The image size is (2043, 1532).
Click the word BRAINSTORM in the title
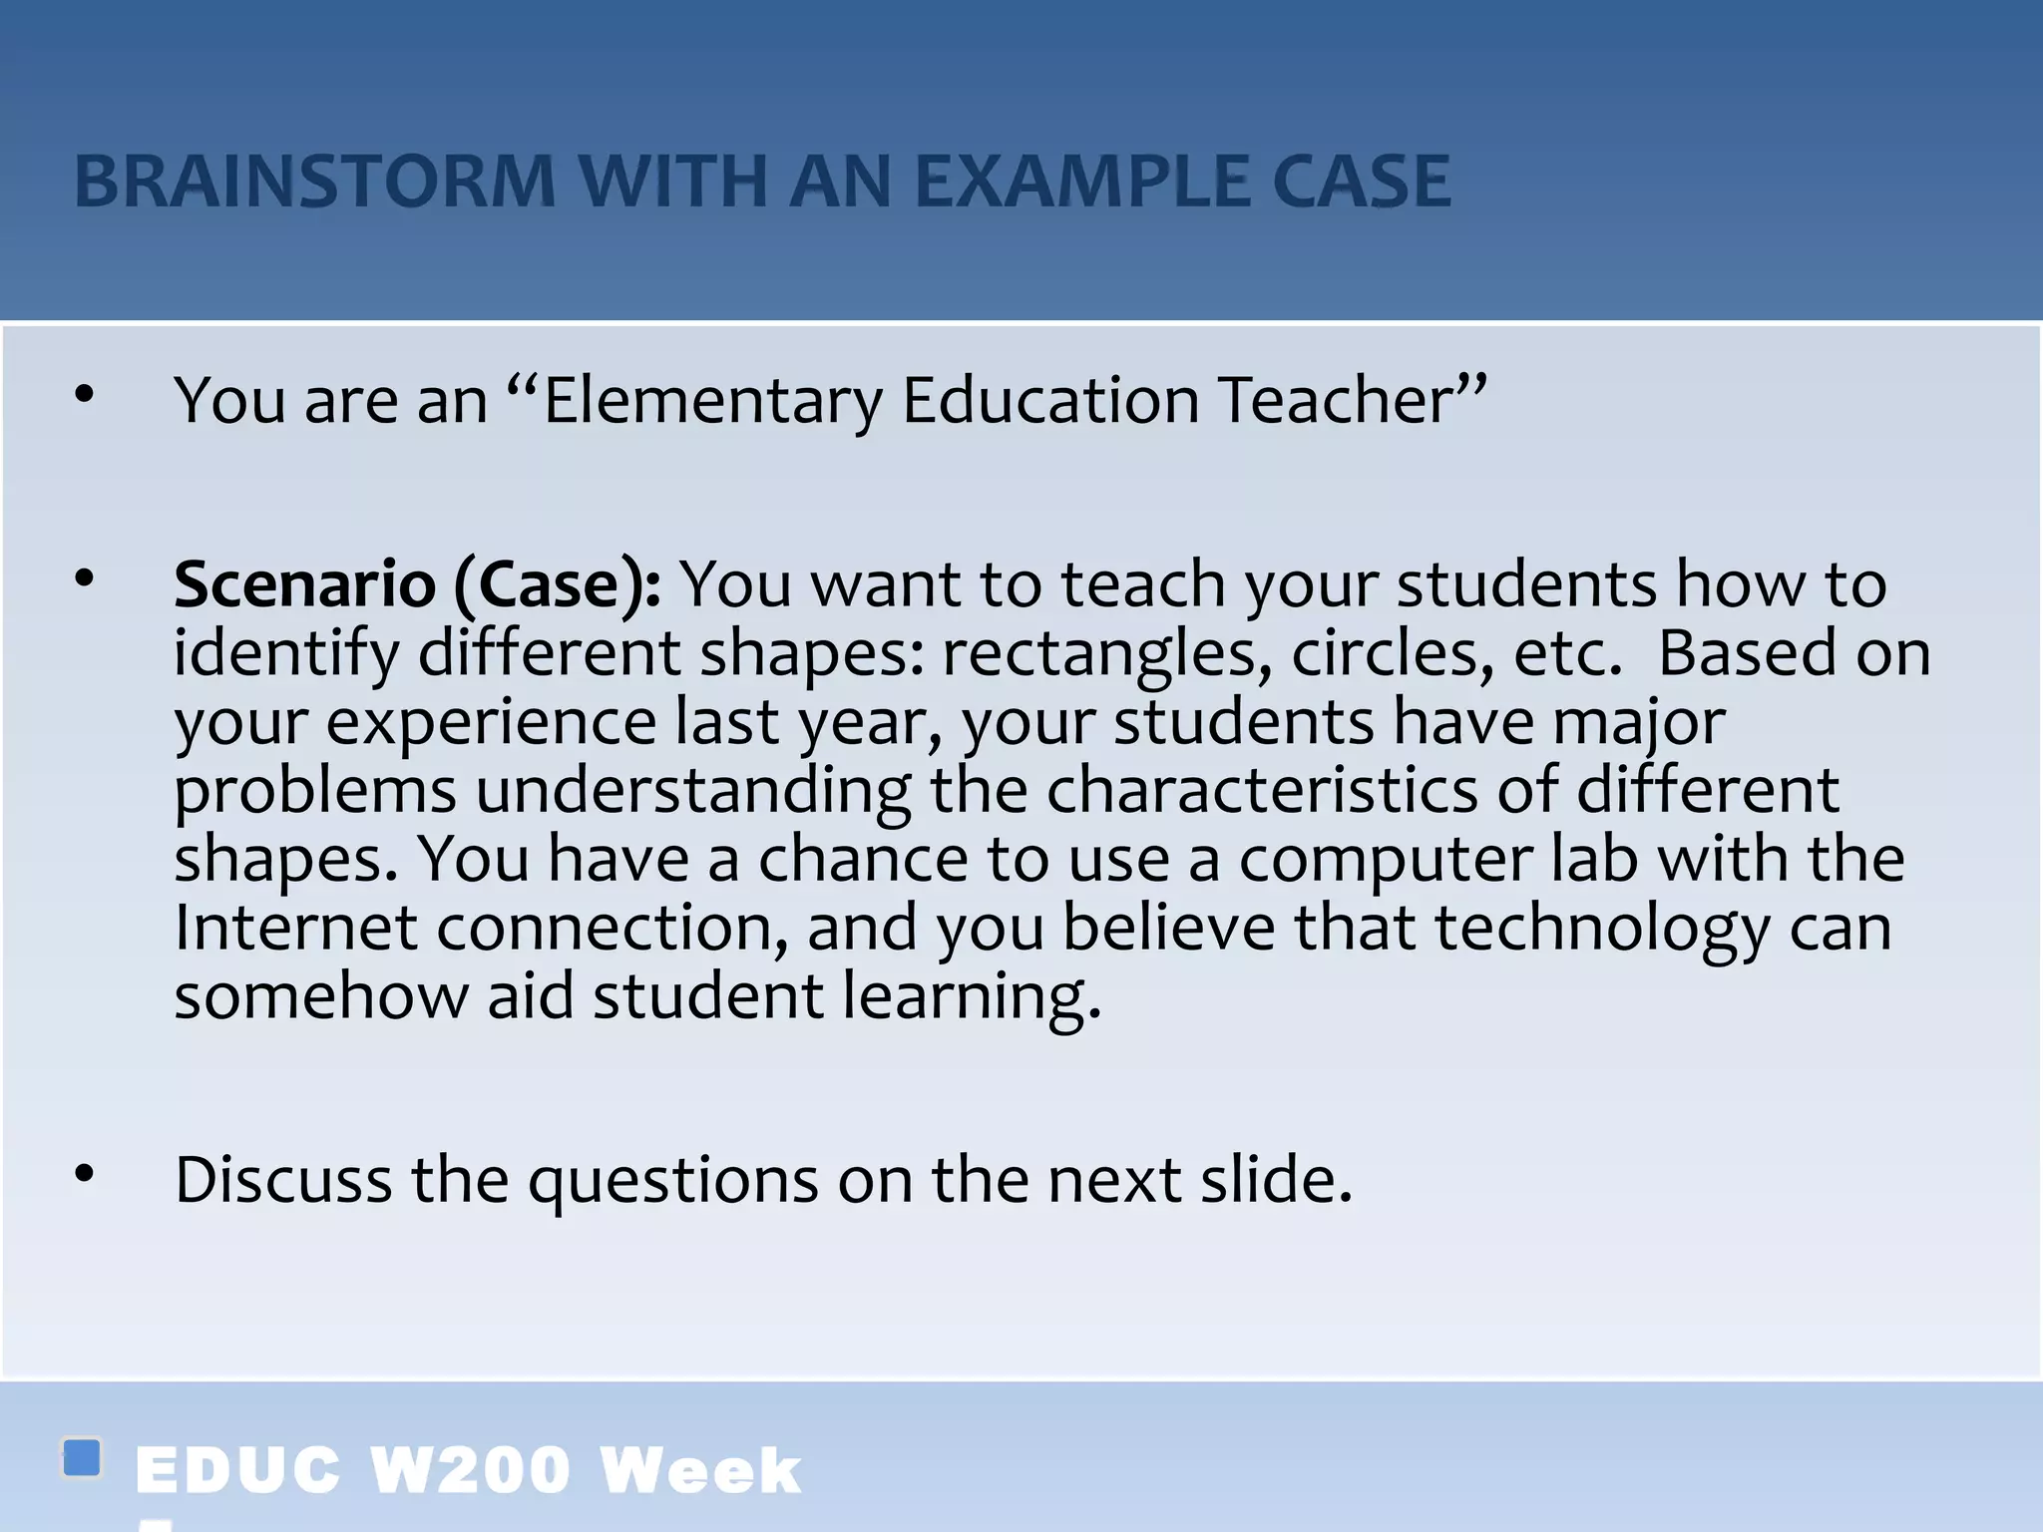tap(314, 182)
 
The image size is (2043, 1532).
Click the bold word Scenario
tap(304, 584)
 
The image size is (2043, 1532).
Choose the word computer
tap(1386, 860)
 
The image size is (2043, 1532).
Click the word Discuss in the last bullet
tap(283, 1180)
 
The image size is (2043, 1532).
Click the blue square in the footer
tap(82, 1458)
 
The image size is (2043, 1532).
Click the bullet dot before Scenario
tap(85, 577)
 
